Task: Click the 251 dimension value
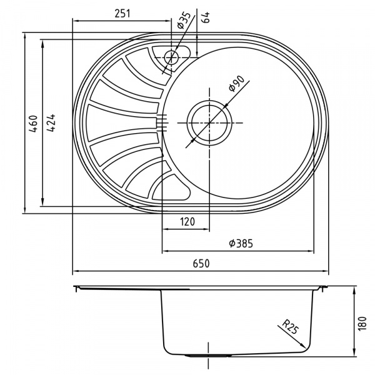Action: pos(122,13)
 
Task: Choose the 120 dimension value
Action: pos(186,222)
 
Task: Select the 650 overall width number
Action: pos(200,264)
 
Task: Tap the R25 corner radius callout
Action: pos(289,327)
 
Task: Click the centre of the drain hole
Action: pos(209,121)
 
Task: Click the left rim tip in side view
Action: pos(76,288)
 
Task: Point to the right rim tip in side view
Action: pos(327,288)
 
